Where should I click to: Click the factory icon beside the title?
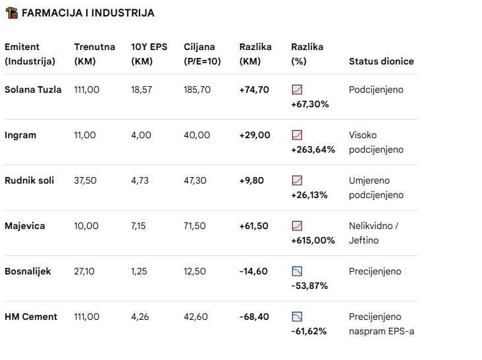tap(12, 13)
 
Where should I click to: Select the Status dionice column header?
tap(381, 61)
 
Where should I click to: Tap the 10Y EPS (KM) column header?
tap(149, 54)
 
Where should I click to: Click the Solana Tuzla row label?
tap(33, 90)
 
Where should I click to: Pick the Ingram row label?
tap(20, 135)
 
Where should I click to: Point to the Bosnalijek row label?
tap(28, 272)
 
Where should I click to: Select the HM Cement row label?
tap(31, 317)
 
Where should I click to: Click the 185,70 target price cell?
tap(197, 90)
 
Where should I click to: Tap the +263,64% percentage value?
tap(313, 149)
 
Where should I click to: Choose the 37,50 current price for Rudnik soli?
tap(85, 180)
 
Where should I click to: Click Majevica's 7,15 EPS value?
tap(138, 226)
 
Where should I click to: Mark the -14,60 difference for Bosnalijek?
tap(254, 272)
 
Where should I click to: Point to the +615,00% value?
tap(313, 240)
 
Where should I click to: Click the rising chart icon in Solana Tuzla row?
tap(297, 90)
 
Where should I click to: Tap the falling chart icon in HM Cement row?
tap(297, 317)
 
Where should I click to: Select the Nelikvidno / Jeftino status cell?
tap(373, 233)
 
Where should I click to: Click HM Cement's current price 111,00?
tap(87, 317)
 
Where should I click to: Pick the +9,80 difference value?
tap(252, 180)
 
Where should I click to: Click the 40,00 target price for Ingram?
tap(197, 135)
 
